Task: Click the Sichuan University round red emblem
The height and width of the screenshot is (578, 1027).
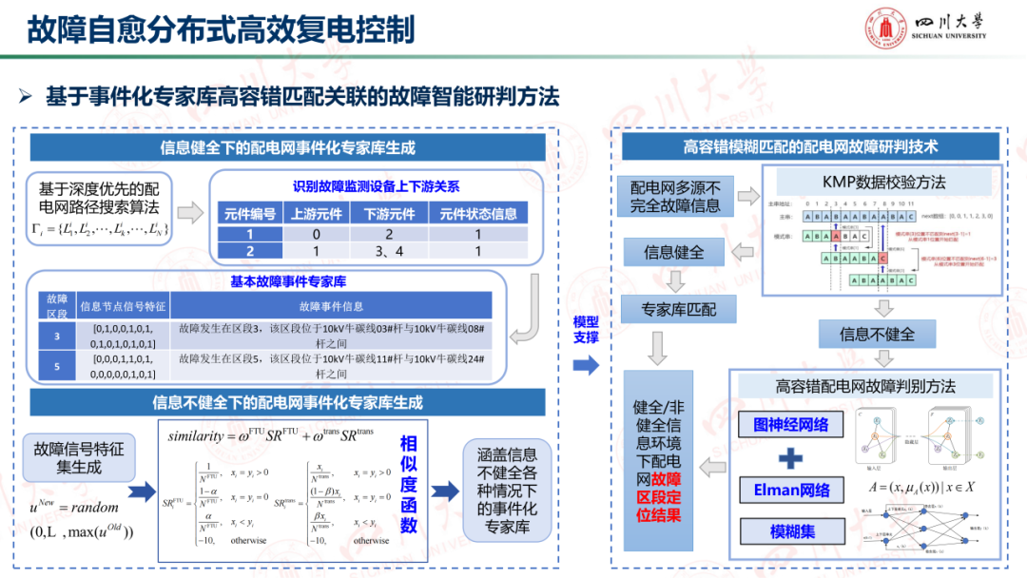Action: [x=886, y=29]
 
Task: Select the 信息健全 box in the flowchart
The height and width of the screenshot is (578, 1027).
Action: [x=673, y=252]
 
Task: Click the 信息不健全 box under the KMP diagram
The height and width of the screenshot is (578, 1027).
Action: [x=877, y=334]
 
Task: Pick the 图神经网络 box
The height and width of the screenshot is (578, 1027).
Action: [x=790, y=425]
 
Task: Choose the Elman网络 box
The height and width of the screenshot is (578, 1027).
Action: [x=791, y=491]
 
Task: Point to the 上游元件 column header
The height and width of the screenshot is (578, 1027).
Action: [x=317, y=215]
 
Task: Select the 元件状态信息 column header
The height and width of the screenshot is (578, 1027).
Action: [x=477, y=215]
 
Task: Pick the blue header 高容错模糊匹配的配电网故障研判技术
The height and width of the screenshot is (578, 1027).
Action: [x=810, y=146]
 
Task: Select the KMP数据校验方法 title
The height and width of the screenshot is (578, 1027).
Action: [x=884, y=182]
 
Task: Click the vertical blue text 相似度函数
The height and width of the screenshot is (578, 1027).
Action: [x=409, y=485]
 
